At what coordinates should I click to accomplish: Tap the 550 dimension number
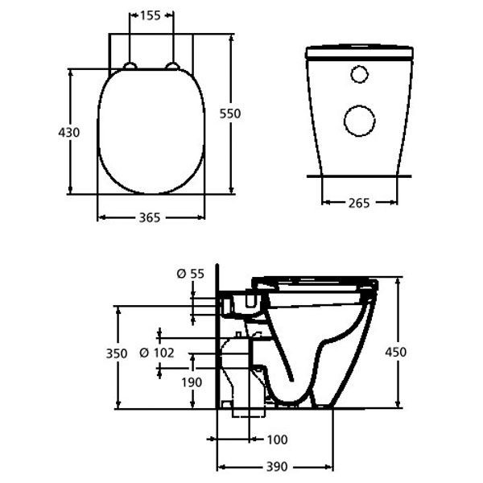click(232, 114)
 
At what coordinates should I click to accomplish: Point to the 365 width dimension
click(151, 217)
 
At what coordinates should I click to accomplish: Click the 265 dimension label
click(359, 204)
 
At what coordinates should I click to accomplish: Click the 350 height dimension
click(117, 353)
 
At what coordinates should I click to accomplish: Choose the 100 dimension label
click(278, 439)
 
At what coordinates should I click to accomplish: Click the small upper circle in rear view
click(359, 75)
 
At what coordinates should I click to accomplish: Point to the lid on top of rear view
click(359, 52)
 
